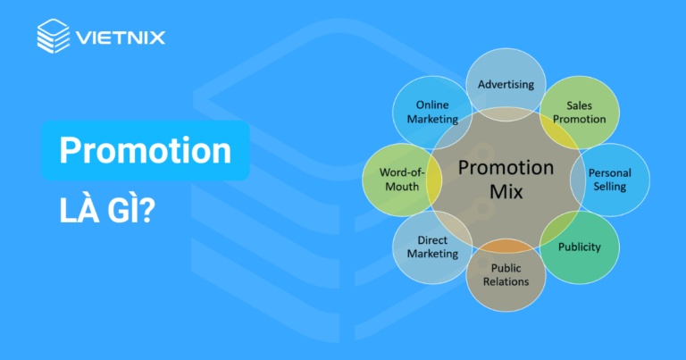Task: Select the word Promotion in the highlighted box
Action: point(145,150)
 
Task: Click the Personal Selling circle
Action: point(610,180)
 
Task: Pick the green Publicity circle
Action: point(580,247)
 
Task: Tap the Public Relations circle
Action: point(505,274)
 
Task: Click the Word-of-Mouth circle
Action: point(399,179)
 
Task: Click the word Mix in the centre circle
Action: point(505,191)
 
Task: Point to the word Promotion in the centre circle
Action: point(505,167)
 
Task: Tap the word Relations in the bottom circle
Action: point(505,281)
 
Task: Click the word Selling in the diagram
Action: point(610,187)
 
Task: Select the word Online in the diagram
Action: point(432,105)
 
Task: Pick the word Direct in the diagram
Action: point(432,239)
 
